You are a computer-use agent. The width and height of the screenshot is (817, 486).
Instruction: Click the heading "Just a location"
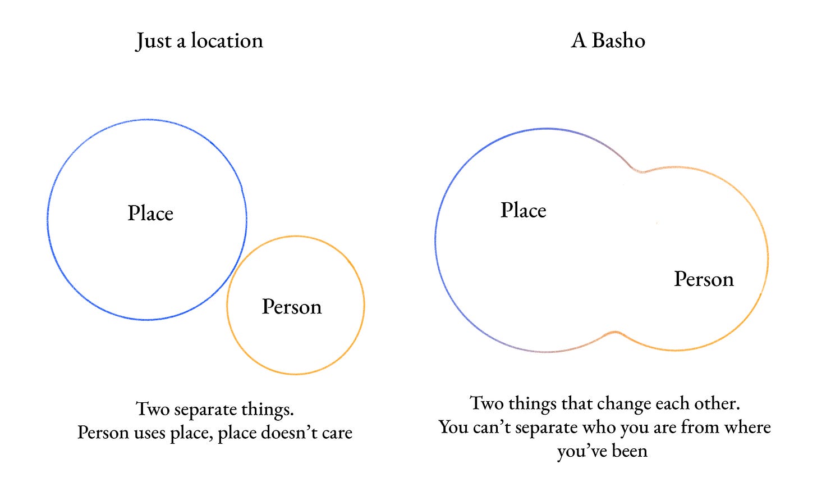[x=199, y=41]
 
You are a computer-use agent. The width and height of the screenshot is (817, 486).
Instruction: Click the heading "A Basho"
[x=608, y=41]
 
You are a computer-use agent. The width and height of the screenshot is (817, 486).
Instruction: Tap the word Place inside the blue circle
[x=150, y=214]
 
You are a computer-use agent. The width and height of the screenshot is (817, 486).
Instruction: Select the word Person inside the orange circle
[x=292, y=307]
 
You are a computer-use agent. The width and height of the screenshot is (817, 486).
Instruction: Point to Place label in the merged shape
[x=523, y=211]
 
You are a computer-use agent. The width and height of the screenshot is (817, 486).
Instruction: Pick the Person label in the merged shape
[x=704, y=279]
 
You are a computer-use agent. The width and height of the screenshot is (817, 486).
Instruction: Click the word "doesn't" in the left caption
[x=292, y=433]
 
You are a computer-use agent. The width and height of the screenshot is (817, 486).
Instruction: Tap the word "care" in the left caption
[x=337, y=433]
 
